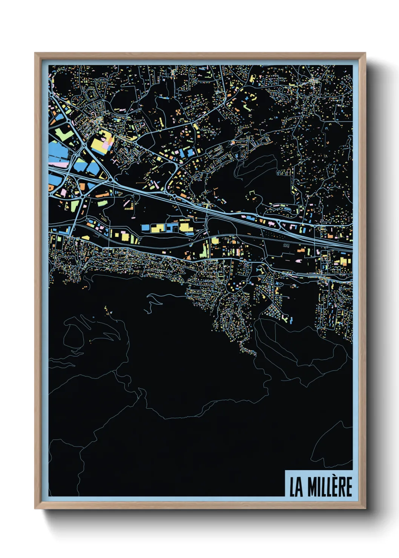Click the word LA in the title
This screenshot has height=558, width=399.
coord(296,487)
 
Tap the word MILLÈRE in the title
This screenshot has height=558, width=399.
coord(330,487)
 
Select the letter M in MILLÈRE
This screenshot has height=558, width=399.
coord(312,487)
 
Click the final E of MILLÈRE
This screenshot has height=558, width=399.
coord(348,487)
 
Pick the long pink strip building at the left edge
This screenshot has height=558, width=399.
coord(58,164)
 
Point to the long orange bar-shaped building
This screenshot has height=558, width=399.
coord(102,195)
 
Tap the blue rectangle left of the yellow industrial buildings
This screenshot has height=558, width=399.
coord(146,227)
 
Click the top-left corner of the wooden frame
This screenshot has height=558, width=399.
coord(35,53)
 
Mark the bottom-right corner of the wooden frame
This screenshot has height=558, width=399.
coord(365,508)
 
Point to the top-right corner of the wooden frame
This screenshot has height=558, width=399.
coord(365,53)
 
